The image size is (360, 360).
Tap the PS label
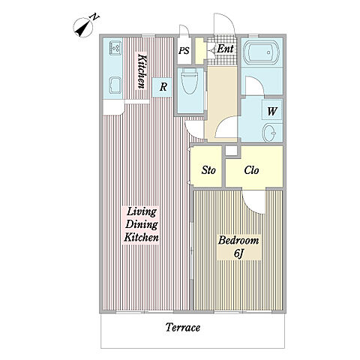[x=184, y=51]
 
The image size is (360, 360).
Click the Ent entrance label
[x=225, y=49]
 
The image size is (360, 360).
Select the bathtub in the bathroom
[x=261, y=52]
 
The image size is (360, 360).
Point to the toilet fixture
[x=189, y=80]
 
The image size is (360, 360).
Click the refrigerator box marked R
[x=162, y=87]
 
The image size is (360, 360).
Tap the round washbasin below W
[x=270, y=133]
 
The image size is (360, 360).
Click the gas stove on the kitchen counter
[x=115, y=48]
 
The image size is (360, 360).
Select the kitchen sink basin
[x=115, y=85]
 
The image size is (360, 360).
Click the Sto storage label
[x=208, y=170]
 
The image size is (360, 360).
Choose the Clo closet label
[x=251, y=170]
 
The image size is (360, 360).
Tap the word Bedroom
[x=238, y=241]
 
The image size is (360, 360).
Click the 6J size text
[x=238, y=253]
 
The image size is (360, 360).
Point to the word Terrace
[x=183, y=327]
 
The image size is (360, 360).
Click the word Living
[x=142, y=212]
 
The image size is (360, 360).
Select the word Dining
[x=142, y=224]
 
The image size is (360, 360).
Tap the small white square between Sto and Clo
[x=231, y=151]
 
